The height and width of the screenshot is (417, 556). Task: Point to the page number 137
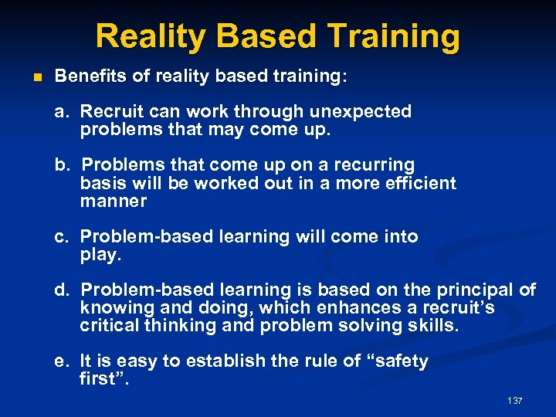coord(515,400)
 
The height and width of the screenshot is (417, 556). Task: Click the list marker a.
coord(60,111)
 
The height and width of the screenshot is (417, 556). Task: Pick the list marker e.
coord(60,361)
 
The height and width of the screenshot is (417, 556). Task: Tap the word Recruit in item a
coord(109,111)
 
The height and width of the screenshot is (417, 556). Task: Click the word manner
coord(113,201)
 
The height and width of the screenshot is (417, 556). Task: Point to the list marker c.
coord(60,236)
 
